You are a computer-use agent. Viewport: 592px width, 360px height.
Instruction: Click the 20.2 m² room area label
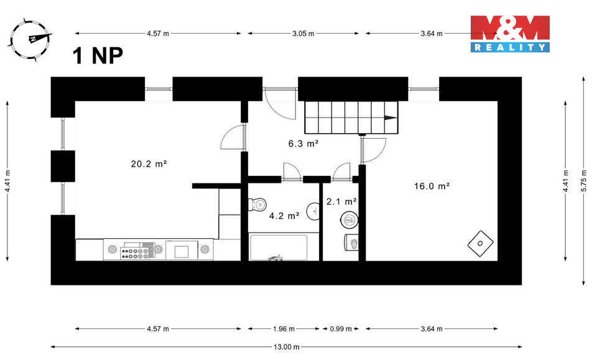pos(149,164)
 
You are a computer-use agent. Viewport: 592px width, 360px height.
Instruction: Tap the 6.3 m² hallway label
pos(303,143)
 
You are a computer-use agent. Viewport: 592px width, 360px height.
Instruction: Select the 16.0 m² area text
pos(432,185)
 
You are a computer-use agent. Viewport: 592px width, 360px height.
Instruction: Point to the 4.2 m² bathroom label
pos(284,216)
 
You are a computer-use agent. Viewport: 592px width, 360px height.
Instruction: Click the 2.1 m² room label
pos(341,201)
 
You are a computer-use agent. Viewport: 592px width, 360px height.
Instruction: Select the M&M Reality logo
pos(509,34)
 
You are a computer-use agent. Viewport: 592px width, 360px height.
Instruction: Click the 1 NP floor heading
pos(98,56)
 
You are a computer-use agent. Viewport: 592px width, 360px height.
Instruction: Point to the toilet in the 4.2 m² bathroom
pos(257,204)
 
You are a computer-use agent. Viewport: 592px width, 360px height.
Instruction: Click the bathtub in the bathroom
pos(278,247)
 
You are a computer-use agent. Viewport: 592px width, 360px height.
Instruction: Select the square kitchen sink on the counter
pos(182,251)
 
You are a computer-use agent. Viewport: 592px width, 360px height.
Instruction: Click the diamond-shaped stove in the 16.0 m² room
pos(481,243)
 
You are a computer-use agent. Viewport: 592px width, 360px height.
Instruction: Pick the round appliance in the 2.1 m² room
pos(349,219)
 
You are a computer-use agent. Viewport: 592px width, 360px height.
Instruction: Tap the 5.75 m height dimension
pos(583,181)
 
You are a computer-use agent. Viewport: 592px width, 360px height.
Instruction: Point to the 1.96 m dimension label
pos(284,328)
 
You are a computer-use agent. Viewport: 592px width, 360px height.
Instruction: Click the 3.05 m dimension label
pos(303,34)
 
